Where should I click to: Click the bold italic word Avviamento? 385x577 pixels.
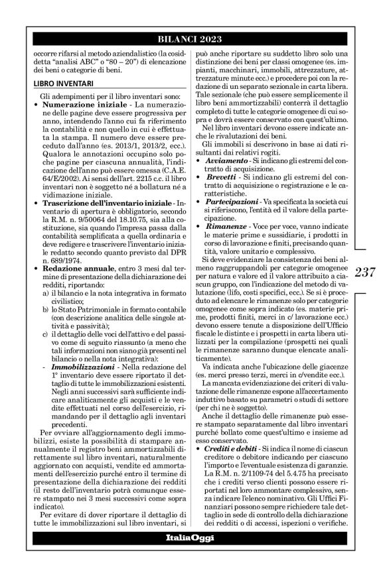[226, 180]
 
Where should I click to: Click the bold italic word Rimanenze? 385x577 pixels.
[228, 245]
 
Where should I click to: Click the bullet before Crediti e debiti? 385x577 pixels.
[201, 470]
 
